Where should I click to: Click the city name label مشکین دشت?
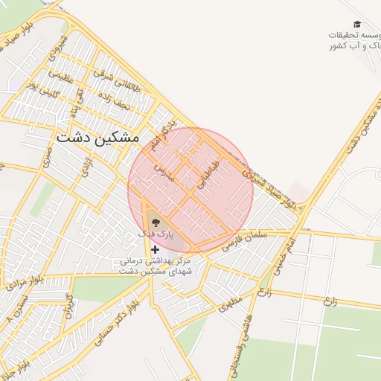coord(97,138)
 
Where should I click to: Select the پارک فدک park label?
coord(156,234)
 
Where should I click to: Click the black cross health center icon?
coord(155,249)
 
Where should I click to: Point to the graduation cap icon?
coord(356,25)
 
